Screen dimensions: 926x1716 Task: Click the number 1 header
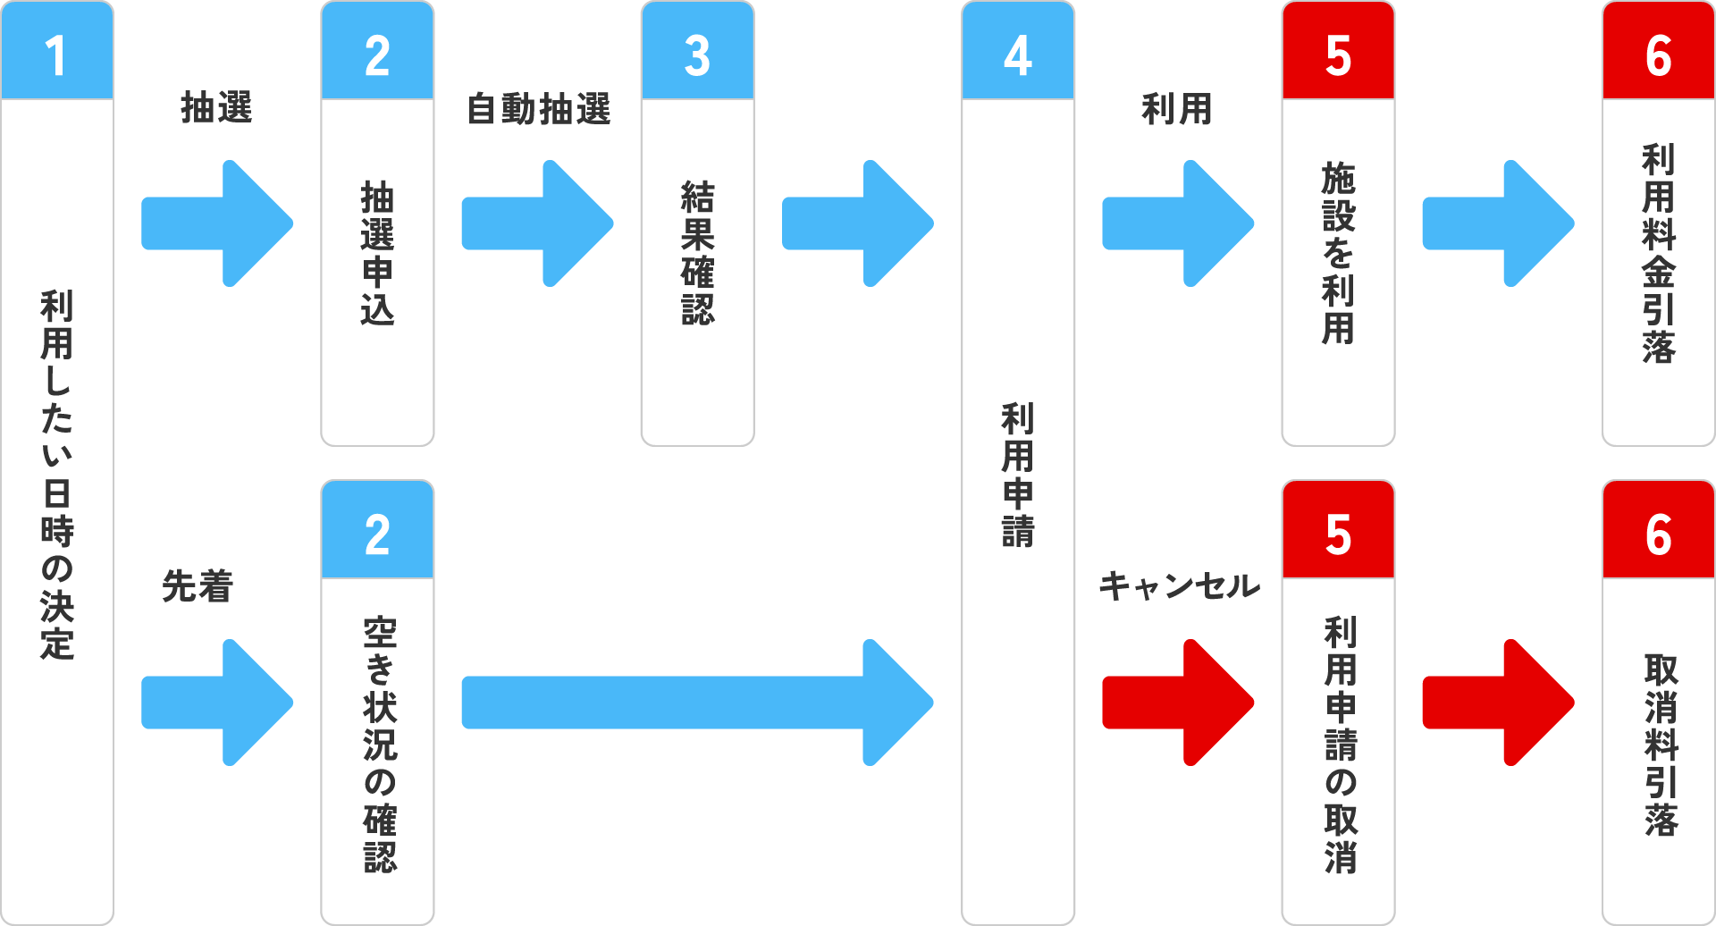pyautogui.click(x=56, y=51)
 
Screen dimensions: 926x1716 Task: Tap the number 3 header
pyautogui.click(x=697, y=51)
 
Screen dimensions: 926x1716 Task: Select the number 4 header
pyautogui.click(x=1017, y=51)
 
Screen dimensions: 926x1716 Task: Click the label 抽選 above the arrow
pyautogui.click(x=216, y=108)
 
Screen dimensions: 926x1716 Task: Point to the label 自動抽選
pyautogui.click(x=539, y=109)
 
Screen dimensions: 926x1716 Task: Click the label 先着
pyautogui.click(x=198, y=586)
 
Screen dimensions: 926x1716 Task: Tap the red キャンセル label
pyautogui.click(x=1179, y=586)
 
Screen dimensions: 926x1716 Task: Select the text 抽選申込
pyautogui.click(x=377, y=254)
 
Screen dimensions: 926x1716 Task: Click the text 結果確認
pyautogui.click(x=697, y=254)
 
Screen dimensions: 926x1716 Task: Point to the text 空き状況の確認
pyautogui.click(x=380, y=744)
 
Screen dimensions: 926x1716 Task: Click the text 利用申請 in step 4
pyautogui.click(x=1017, y=475)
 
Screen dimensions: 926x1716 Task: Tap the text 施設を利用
pyautogui.click(x=1338, y=254)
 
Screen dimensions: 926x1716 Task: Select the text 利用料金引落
pyautogui.click(x=1658, y=254)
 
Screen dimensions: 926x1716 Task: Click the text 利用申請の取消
pyautogui.click(x=1340, y=744)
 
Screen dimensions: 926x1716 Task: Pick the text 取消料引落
pyautogui.click(x=1661, y=744)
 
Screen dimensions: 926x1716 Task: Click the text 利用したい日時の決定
pyautogui.click(x=56, y=475)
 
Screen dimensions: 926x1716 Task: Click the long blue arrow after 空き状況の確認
pyautogui.click(x=697, y=703)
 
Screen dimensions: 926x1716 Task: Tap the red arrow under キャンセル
pyautogui.click(x=1178, y=703)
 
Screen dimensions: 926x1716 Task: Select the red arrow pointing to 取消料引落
pyautogui.click(x=1498, y=703)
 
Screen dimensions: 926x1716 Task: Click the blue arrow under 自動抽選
pyautogui.click(x=537, y=223)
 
